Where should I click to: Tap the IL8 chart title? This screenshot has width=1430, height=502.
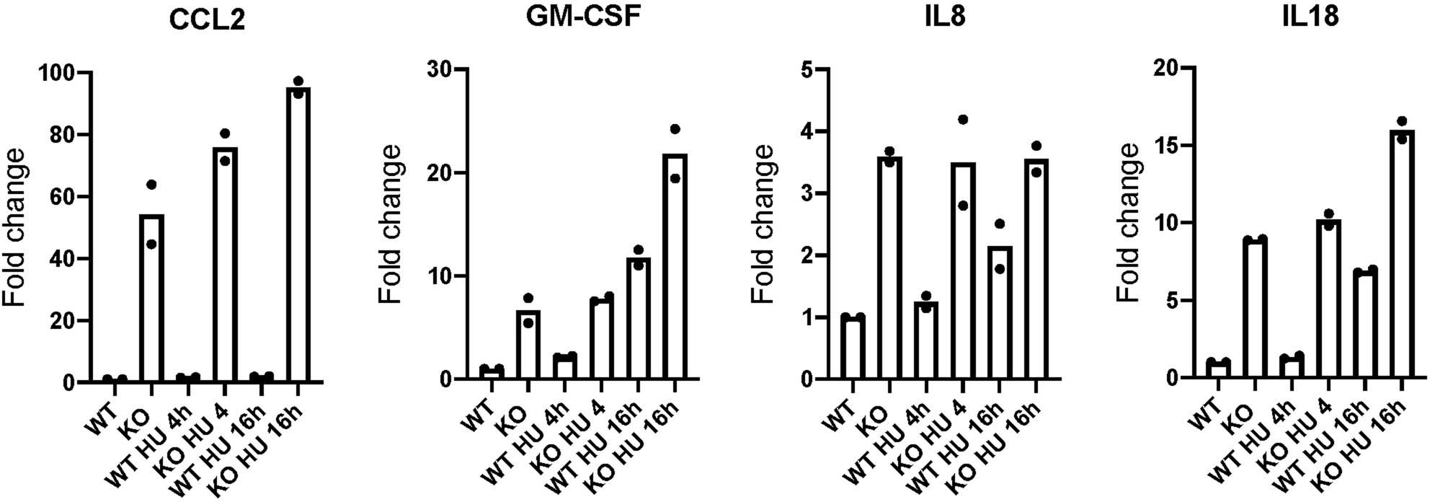click(x=946, y=17)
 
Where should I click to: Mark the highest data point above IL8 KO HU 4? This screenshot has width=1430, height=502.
click(x=962, y=119)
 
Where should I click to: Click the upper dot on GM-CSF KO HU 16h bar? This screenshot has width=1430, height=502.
click(x=675, y=129)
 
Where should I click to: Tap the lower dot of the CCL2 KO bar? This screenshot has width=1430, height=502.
click(x=151, y=244)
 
